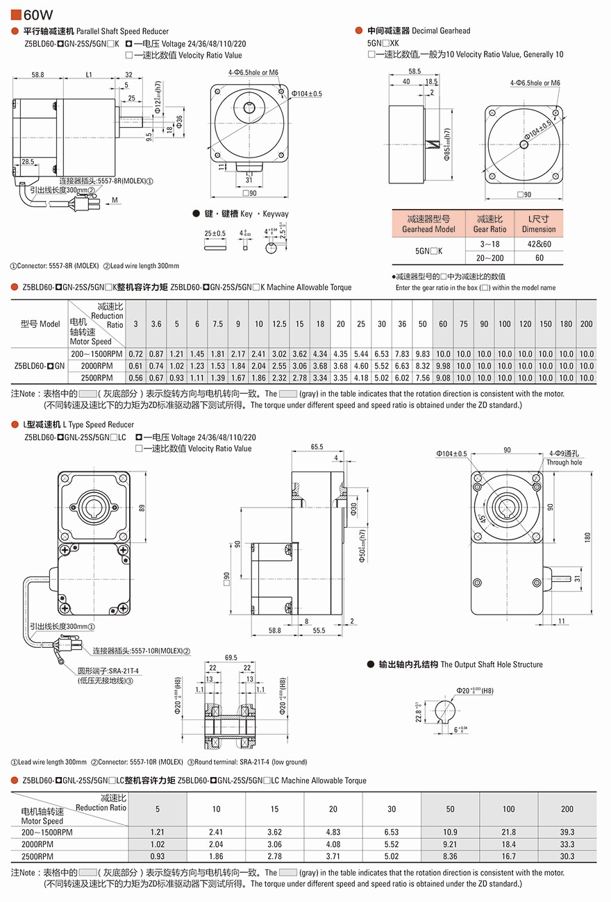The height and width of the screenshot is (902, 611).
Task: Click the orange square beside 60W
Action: pos(16,14)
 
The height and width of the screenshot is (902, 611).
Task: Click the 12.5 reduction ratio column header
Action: pos(279,324)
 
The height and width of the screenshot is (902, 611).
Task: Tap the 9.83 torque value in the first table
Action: pos(422,354)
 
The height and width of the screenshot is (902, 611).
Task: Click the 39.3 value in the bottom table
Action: pos(567,832)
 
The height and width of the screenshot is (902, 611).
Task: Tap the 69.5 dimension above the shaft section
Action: pos(231,657)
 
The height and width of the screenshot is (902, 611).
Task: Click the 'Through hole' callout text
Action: pos(564,462)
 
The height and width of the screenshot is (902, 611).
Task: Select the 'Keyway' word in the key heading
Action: pos(276,214)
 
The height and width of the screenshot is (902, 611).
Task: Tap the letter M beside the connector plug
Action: pos(115,200)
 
